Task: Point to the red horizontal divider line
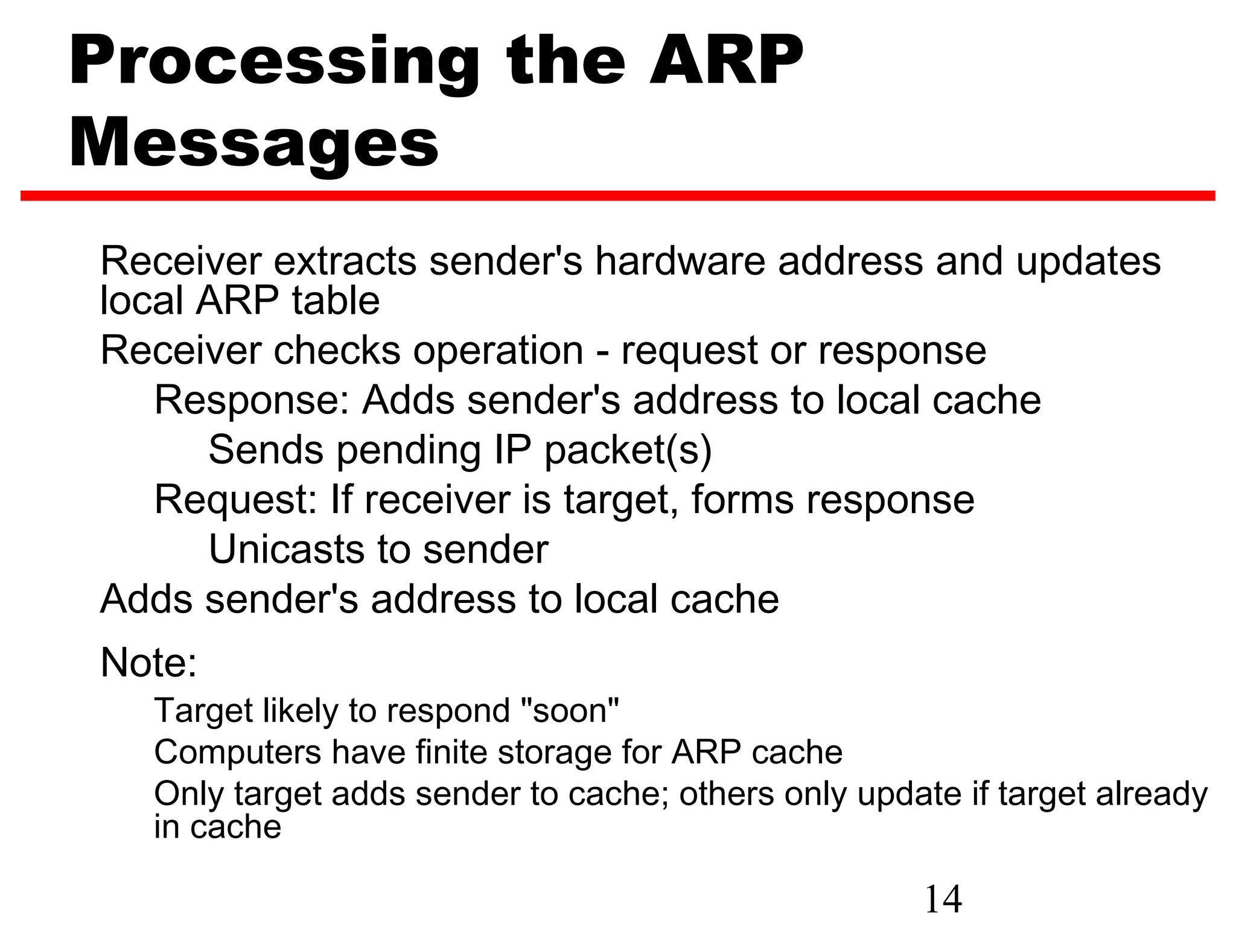click(x=617, y=196)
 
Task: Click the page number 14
click(x=943, y=899)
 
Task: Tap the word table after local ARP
click(x=336, y=301)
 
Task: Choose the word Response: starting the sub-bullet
click(x=252, y=400)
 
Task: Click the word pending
click(x=409, y=450)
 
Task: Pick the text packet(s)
click(x=628, y=450)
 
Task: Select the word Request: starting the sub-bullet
click(x=236, y=500)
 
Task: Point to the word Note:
click(x=148, y=663)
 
